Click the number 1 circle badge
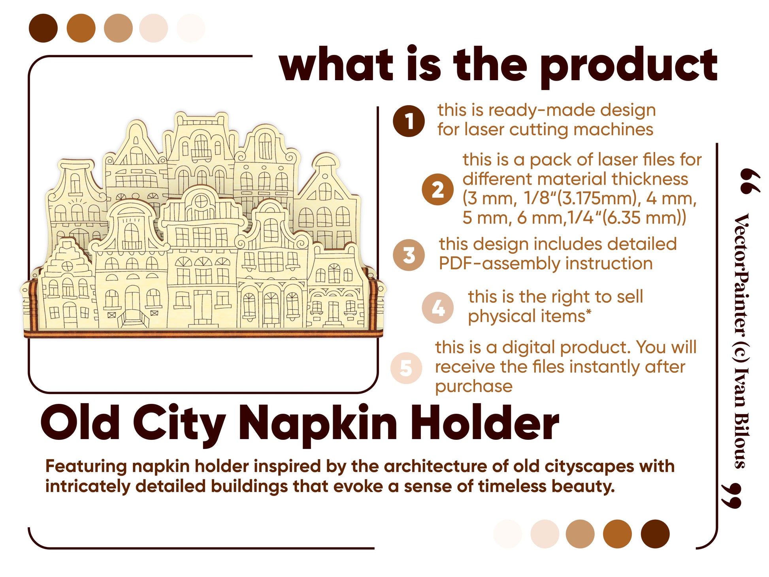[x=409, y=121]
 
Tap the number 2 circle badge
[x=437, y=190]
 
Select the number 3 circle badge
[x=409, y=255]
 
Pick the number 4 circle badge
[x=437, y=308]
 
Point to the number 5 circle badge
[x=406, y=368]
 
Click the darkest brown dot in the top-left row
[x=43, y=28]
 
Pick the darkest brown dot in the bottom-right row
[x=655, y=534]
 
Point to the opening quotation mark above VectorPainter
[x=748, y=181]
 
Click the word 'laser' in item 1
[x=484, y=130]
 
